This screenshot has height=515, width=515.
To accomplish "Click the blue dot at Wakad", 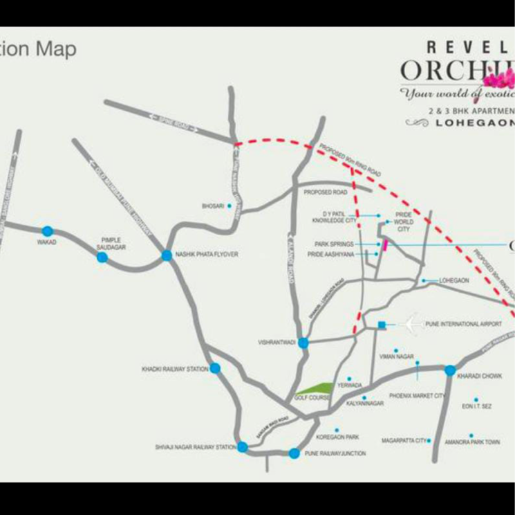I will click(x=47, y=231).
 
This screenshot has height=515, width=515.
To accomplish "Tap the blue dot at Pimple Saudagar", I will click(x=102, y=257).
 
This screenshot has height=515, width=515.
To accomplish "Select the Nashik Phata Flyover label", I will click(x=207, y=255).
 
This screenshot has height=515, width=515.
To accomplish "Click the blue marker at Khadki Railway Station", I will click(x=215, y=368).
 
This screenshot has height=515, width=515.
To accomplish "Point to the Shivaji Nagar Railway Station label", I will click(x=196, y=448).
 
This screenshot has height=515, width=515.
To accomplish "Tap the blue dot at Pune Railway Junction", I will click(x=294, y=453).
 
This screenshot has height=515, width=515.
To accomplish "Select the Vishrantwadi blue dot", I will click(x=303, y=342).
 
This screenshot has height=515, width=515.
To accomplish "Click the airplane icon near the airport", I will click(x=414, y=323).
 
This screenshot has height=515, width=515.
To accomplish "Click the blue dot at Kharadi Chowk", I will click(x=450, y=370).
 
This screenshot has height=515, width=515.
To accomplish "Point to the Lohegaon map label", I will click(x=454, y=280).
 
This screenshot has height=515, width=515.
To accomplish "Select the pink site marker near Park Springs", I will click(x=384, y=244).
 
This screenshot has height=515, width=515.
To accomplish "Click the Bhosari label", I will click(x=211, y=206).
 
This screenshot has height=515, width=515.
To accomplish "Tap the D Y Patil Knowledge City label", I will click(x=334, y=217).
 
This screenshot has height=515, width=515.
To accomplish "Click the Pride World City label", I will click(x=403, y=222).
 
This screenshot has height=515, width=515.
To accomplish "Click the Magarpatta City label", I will click(x=404, y=440).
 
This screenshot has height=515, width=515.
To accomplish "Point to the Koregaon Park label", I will click(x=337, y=437).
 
